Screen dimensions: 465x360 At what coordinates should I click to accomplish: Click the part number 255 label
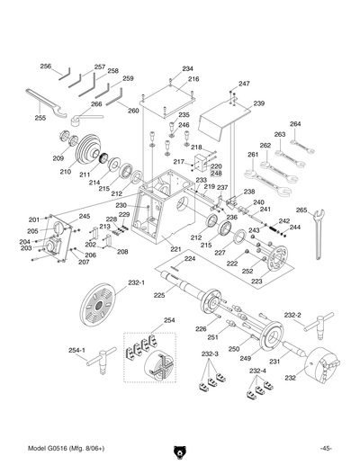[40, 118]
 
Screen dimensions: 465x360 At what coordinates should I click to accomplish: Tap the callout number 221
[175, 249]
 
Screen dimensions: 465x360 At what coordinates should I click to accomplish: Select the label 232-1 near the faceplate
[136, 282]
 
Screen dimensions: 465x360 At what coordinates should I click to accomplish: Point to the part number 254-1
[76, 350]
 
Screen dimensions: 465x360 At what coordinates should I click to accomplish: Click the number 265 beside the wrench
[301, 210]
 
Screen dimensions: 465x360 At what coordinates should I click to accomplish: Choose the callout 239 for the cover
[258, 104]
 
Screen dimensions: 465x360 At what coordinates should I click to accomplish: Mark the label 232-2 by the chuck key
[292, 316]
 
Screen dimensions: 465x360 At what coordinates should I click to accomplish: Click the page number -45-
[325, 448]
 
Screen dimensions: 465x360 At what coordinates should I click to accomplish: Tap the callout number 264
[295, 124]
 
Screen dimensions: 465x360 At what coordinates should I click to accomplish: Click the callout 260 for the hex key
[133, 111]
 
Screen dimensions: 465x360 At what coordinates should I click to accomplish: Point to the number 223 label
[256, 282]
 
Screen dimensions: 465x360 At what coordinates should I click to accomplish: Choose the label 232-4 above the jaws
[258, 371]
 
